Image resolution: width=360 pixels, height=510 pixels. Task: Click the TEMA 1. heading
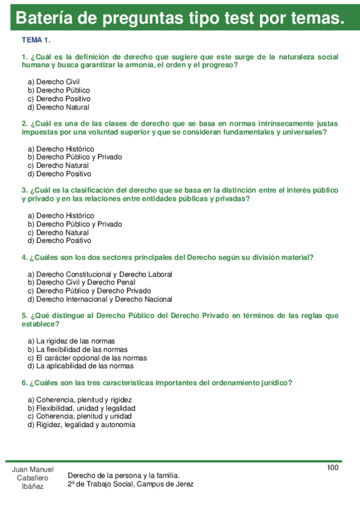click(35, 40)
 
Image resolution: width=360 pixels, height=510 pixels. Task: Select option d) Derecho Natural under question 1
click(58, 107)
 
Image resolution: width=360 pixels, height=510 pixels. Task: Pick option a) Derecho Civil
click(54, 81)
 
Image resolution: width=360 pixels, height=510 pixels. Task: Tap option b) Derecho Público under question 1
click(59, 90)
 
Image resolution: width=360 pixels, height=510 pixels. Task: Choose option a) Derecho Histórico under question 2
click(61, 149)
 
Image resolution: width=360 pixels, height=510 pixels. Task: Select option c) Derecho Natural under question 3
click(58, 232)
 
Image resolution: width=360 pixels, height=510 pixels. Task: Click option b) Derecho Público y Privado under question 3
click(75, 224)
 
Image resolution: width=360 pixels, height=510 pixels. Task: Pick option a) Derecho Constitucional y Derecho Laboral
click(100, 274)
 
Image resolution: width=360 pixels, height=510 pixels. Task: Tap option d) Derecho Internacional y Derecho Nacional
click(100, 299)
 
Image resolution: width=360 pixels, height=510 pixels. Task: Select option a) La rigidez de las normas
click(71, 341)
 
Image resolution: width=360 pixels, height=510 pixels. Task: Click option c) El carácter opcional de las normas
click(87, 357)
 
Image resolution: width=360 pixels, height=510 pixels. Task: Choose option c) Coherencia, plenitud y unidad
click(79, 416)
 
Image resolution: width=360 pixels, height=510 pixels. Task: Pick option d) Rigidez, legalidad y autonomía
click(81, 424)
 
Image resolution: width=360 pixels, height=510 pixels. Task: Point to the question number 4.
click(24, 257)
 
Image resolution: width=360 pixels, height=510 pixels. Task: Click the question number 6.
click(24, 382)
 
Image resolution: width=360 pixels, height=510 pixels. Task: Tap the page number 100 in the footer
click(333, 468)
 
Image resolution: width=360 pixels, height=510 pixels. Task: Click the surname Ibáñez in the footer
click(32, 487)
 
